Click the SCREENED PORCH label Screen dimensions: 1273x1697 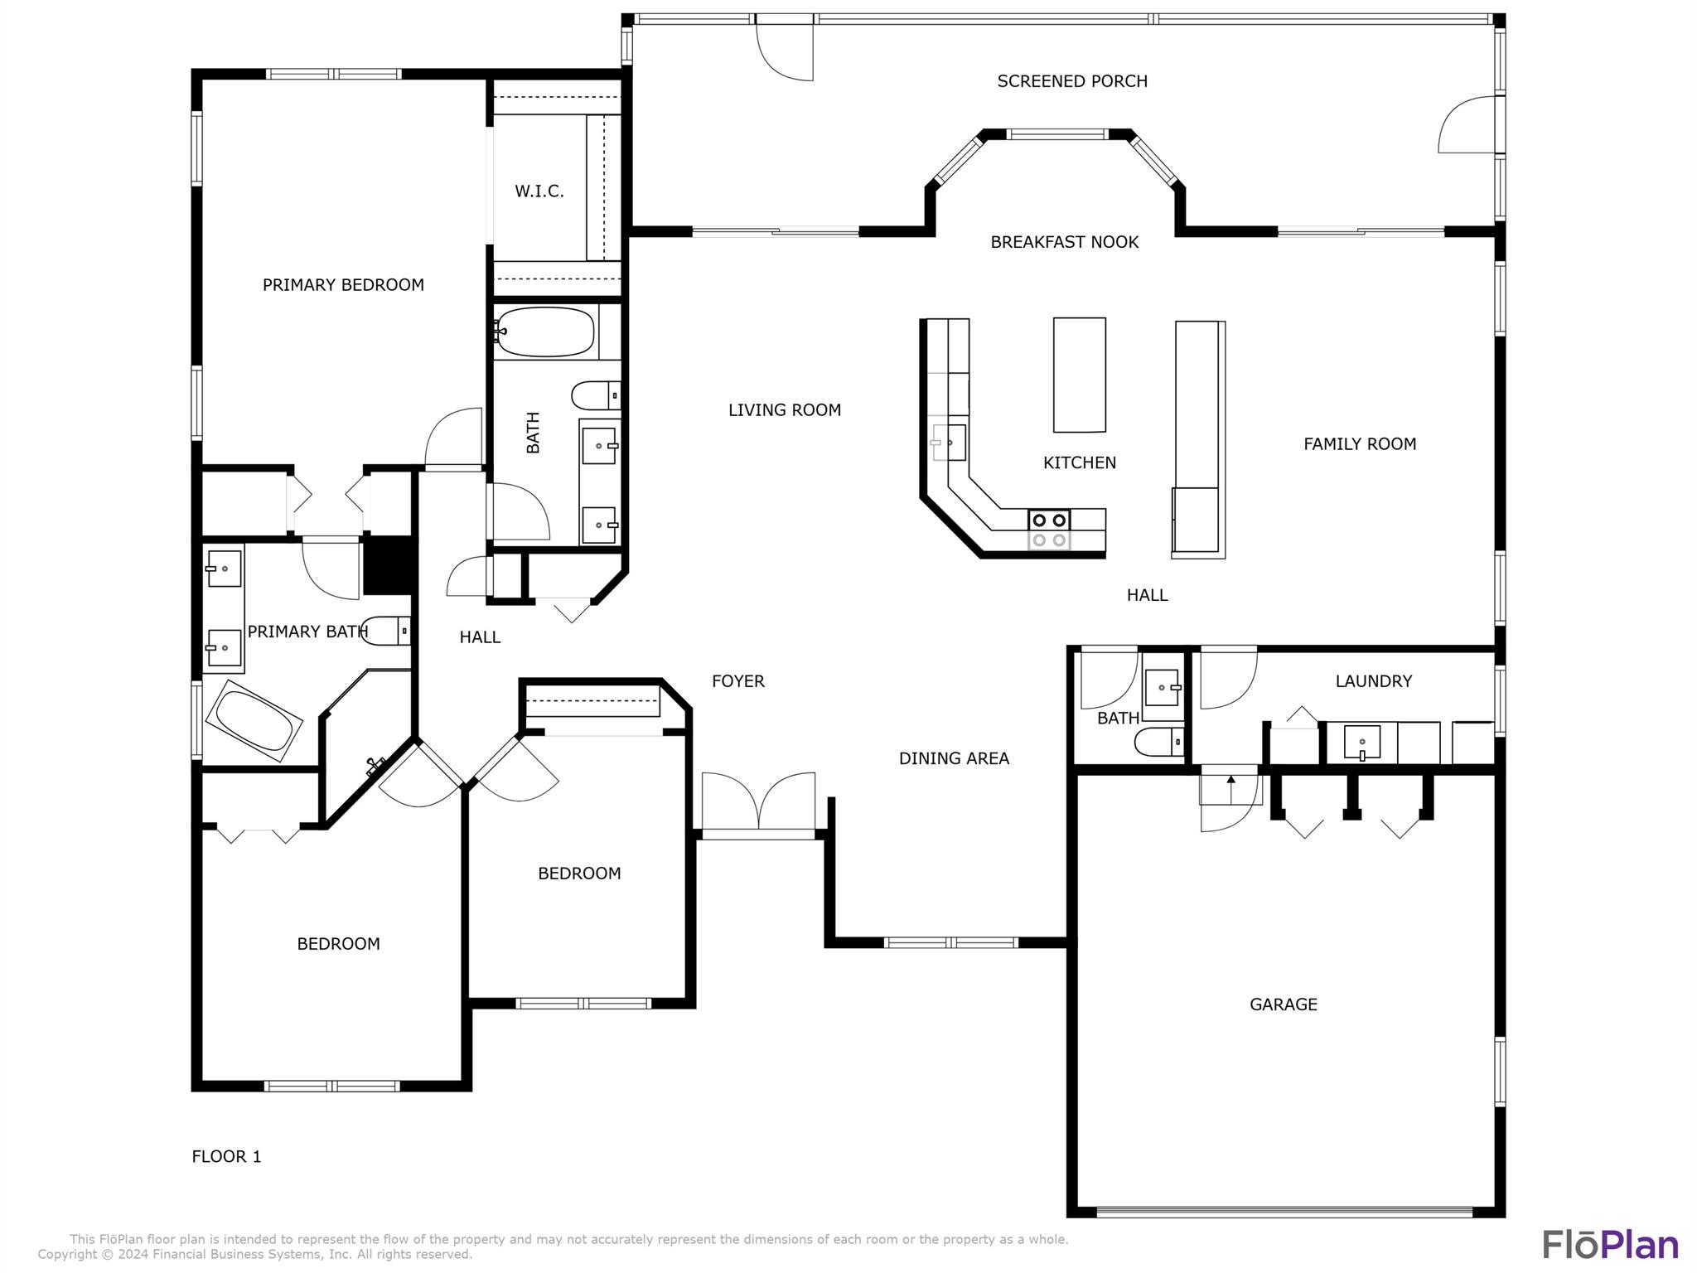pyautogui.click(x=1071, y=81)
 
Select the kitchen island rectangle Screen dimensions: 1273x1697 pyautogui.click(x=1079, y=375)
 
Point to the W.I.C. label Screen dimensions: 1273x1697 pyautogui.click(x=539, y=191)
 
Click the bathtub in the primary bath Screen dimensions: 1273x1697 pyautogui.click(x=254, y=720)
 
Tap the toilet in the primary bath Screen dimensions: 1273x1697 pyautogui.click(x=385, y=631)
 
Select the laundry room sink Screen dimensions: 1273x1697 pyautogui.click(x=1361, y=742)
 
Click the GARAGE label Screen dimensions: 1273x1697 pyautogui.click(x=1283, y=1004)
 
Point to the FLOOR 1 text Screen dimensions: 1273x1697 pyautogui.click(x=226, y=1156)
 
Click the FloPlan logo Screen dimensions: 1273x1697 pyautogui.click(x=1610, y=1245)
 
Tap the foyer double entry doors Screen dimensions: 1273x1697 pyautogui.click(x=758, y=802)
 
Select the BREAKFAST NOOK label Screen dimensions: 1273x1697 pyautogui.click(x=1064, y=242)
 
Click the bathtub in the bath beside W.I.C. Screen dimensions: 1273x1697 pyautogui.click(x=545, y=332)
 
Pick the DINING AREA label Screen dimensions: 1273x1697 pyautogui.click(x=954, y=758)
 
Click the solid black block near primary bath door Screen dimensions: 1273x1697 pyautogui.click(x=389, y=565)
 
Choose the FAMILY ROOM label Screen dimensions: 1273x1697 pyautogui.click(x=1359, y=444)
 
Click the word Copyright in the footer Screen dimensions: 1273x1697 pyautogui.click(x=69, y=1255)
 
